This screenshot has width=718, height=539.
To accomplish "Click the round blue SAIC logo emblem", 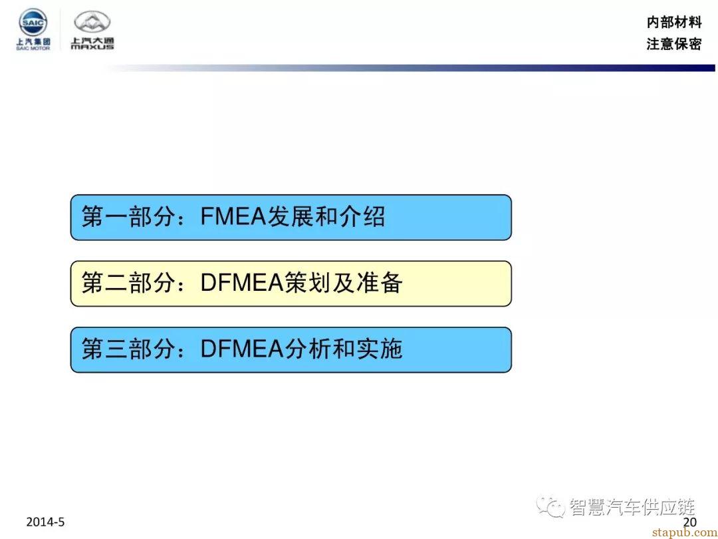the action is click(x=33, y=21).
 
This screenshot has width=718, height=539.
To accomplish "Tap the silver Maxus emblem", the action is click(x=92, y=23).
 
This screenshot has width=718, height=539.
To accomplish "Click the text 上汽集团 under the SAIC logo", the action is click(x=33, y=42).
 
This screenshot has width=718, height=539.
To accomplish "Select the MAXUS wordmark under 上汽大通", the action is click(x=92, y=47).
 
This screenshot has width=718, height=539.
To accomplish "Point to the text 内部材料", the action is click(x=674, y=21).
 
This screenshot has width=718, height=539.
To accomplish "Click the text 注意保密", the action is click(x=674, y=44).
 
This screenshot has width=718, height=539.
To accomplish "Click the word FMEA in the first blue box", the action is click(x=233, y=216).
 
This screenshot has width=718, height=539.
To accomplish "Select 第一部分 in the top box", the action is click(x=129, y=216).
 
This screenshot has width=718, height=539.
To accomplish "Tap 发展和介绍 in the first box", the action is click(x=326, y=216).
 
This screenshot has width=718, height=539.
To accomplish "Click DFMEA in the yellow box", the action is click(x=242, y=283).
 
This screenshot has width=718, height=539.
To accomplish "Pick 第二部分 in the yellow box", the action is click(x=129, y=283).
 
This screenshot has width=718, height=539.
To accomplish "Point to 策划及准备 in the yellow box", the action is click(x=344, y=283).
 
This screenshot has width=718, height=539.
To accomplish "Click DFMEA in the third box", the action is click(x=242, y=349).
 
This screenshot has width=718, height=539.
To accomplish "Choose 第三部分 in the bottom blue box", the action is click(x=129, y=349).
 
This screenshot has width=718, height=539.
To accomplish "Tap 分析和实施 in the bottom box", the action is click(x=344, y=349).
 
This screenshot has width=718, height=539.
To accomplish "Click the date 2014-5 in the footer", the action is click(x=45, y=522).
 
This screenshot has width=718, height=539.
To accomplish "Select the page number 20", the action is click(x=690, y=522).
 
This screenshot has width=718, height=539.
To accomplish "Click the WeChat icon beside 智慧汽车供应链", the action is click(x=550, y=506).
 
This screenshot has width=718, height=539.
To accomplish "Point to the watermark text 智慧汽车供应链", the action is click(x=632, y=507).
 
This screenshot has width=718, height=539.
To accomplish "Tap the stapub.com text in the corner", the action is click(x=684, y=532).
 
